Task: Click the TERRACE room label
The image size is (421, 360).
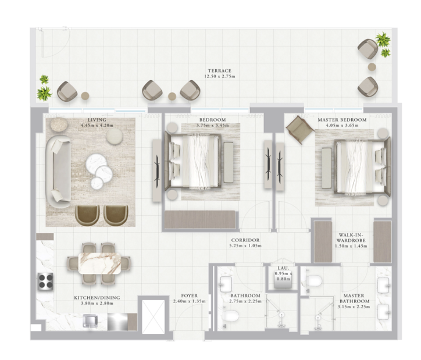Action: (x=219, y=71)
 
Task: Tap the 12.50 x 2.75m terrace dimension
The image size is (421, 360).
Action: (x=219, y=76)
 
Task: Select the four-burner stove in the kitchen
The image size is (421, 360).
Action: (x=45, y=281)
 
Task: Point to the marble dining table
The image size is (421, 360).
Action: (x=99, y=263)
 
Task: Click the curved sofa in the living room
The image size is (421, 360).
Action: (x=58, y=171)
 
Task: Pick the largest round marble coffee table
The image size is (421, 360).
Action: (x=97, y=163)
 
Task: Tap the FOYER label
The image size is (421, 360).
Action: (x=190, y=295)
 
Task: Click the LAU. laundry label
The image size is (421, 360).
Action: (x=283, y=268)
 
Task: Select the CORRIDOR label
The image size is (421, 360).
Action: (x=245, y=240)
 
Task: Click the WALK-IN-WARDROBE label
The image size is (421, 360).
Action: (x=351, y=237)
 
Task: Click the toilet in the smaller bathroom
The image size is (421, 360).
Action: (x=231, y=316)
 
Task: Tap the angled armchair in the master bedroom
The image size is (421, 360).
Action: (x=300, y=129)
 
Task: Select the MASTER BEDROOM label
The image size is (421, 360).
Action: (x=342, y=120)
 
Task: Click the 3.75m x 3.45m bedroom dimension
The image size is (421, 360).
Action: (x=213, y=125)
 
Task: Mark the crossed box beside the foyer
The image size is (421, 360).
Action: (x=153, y=317)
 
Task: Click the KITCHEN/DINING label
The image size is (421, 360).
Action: (x=97, y=298)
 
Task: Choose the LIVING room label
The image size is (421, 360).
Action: (x=97, y=120)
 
